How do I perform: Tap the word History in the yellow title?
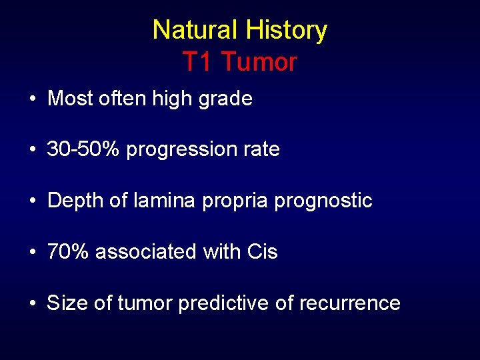tap(286, 31)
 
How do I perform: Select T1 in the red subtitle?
tap(197, 62)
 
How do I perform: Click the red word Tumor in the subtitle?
tap(259, 62)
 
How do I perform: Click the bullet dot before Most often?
tap(32, 99)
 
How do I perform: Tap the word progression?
tap(181, 150)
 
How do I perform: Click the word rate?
tap(261, 149)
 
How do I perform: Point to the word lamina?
tap(161, 201)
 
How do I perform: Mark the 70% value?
tap(69, 252)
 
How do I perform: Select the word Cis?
tap(262, 252)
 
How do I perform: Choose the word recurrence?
tap(349, 303)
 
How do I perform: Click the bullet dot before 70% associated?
tap(32, 252)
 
